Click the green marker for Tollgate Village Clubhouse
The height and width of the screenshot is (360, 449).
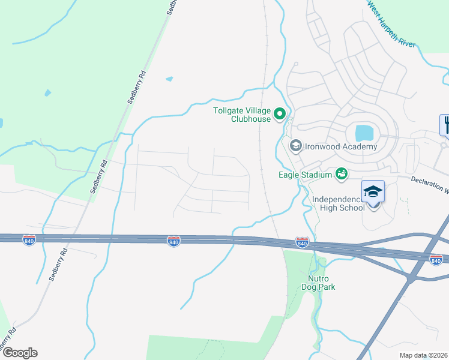click(x=279, y=113)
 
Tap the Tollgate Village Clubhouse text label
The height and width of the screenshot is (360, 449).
click(x=243, y=114)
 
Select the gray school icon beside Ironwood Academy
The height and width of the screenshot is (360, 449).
click(x=295, y=146)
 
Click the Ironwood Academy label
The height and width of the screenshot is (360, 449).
click(x=341, y=146)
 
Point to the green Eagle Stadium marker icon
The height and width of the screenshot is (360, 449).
click(x=342, y=174)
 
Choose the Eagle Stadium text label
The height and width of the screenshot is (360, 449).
click(x=305, y=175)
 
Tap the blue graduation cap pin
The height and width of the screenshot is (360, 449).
click(x=373, y=192)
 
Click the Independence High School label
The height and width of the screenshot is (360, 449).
click(x=338, y=203)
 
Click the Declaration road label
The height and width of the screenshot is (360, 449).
click(x=430, y=184)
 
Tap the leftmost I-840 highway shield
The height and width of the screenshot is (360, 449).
click(x=29, y=240)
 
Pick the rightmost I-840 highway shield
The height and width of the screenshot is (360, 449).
click(x=436, y=259)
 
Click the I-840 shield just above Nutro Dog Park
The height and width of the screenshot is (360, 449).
click(x=302, y=243)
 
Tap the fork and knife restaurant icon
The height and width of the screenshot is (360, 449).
click(x=445, y=125)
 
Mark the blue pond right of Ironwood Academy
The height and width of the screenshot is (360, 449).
click(x=364, y=133)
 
